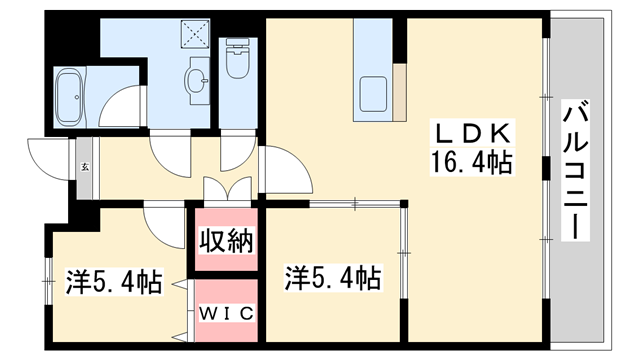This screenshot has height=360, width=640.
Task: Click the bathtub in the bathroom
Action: click(x=73, y=94)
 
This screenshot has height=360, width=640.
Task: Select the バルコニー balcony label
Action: click(x=575, y=170)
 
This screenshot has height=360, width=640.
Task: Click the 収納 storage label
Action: click(x=226, y=240)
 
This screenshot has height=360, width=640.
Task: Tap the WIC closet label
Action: click(x=226, y=313)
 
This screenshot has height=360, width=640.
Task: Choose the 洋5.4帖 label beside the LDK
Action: click(x=333, y=276)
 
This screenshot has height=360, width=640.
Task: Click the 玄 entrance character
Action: click(x=85, y=167)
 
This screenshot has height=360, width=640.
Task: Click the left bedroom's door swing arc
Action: click(x=160, y=218)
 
